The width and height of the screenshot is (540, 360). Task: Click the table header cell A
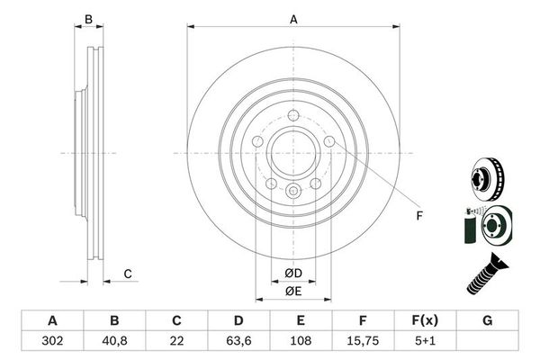51,320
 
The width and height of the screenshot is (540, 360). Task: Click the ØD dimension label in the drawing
292,273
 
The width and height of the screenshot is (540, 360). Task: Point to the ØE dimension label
292,291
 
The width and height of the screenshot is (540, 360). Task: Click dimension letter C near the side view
129,274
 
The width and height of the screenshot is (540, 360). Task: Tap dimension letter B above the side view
87,20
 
